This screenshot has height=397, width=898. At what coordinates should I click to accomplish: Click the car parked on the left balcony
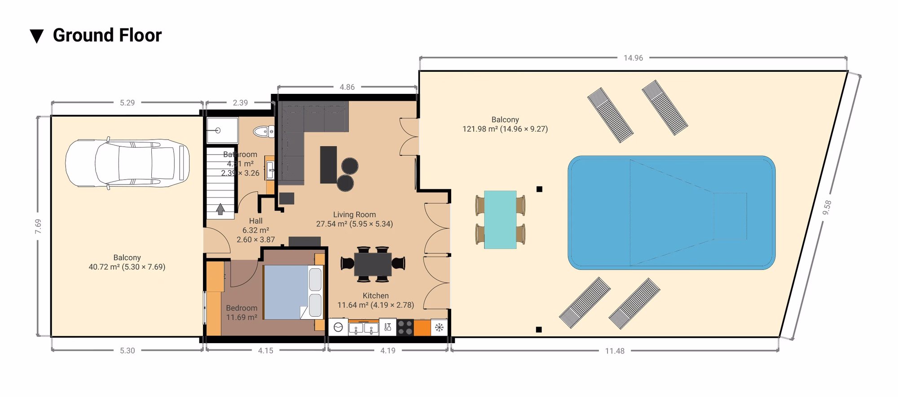coord(127,163)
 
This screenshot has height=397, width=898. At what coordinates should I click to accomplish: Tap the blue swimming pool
coord(671,212)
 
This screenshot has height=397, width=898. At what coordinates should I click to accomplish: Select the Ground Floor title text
coord(107,35)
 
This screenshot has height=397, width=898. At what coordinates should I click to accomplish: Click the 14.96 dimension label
coord(633,58)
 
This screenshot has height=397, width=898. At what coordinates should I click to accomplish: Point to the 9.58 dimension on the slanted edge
coord(827,207)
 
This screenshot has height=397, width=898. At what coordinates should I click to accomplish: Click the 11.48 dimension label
coord(615,351)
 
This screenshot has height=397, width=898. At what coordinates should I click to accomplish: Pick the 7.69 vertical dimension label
coord(38,226)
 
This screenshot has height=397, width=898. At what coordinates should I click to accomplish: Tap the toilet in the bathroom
coord(264,132)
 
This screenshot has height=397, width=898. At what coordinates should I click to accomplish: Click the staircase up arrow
coord(220,209)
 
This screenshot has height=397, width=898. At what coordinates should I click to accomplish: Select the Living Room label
coord(354,215)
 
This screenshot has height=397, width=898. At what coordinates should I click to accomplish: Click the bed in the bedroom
coord(293,292)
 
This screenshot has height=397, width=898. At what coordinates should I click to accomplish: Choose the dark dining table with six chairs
coord(373,264)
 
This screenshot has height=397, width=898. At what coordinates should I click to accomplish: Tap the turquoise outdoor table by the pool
coord(500,220)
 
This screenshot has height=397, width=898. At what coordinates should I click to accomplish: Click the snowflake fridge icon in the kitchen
coord(439,327)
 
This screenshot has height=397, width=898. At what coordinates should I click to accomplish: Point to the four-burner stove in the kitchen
coord(405,327)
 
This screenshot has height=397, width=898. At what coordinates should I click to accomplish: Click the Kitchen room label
coord(376,296)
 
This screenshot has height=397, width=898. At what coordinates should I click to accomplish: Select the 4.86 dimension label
coord(347,87)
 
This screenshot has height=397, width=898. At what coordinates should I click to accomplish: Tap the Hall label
coord(255,221)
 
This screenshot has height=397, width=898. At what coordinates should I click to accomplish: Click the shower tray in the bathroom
coord(222,131)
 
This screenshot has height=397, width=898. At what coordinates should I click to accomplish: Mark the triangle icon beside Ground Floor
coord(37,36)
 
